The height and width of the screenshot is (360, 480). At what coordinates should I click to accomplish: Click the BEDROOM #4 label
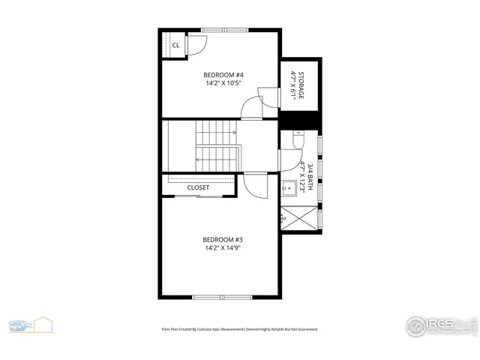pyautogui.click(x=223, y=75)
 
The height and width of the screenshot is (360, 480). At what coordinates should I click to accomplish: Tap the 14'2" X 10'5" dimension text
pyautogui.click(x=223, y=83)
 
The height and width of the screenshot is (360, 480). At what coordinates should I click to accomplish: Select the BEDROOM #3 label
pyautogui.click(x=223, y=240)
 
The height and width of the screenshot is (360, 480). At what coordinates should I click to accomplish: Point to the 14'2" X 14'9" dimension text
pyautogui.click(x=223, y=248)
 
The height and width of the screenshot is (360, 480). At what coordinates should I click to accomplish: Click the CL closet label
pyautogui.click(x=175, y=45)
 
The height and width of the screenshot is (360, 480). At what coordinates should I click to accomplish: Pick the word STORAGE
pyautogui.click(x=301, y=85)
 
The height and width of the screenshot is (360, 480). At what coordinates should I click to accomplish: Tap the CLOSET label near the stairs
pyautogui.click(x=198, y=187)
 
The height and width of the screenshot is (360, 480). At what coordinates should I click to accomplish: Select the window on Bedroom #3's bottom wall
pyautogui.click(x=223, y=297)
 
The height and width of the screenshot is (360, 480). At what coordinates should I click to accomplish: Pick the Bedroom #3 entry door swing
pyautogui.click(x=255, y=185)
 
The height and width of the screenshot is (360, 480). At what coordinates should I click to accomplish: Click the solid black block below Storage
pyautogui.click(x=301, y=120)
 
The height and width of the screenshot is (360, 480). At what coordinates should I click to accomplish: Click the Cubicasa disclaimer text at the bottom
pyautogui.click(x=240, y=328)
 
